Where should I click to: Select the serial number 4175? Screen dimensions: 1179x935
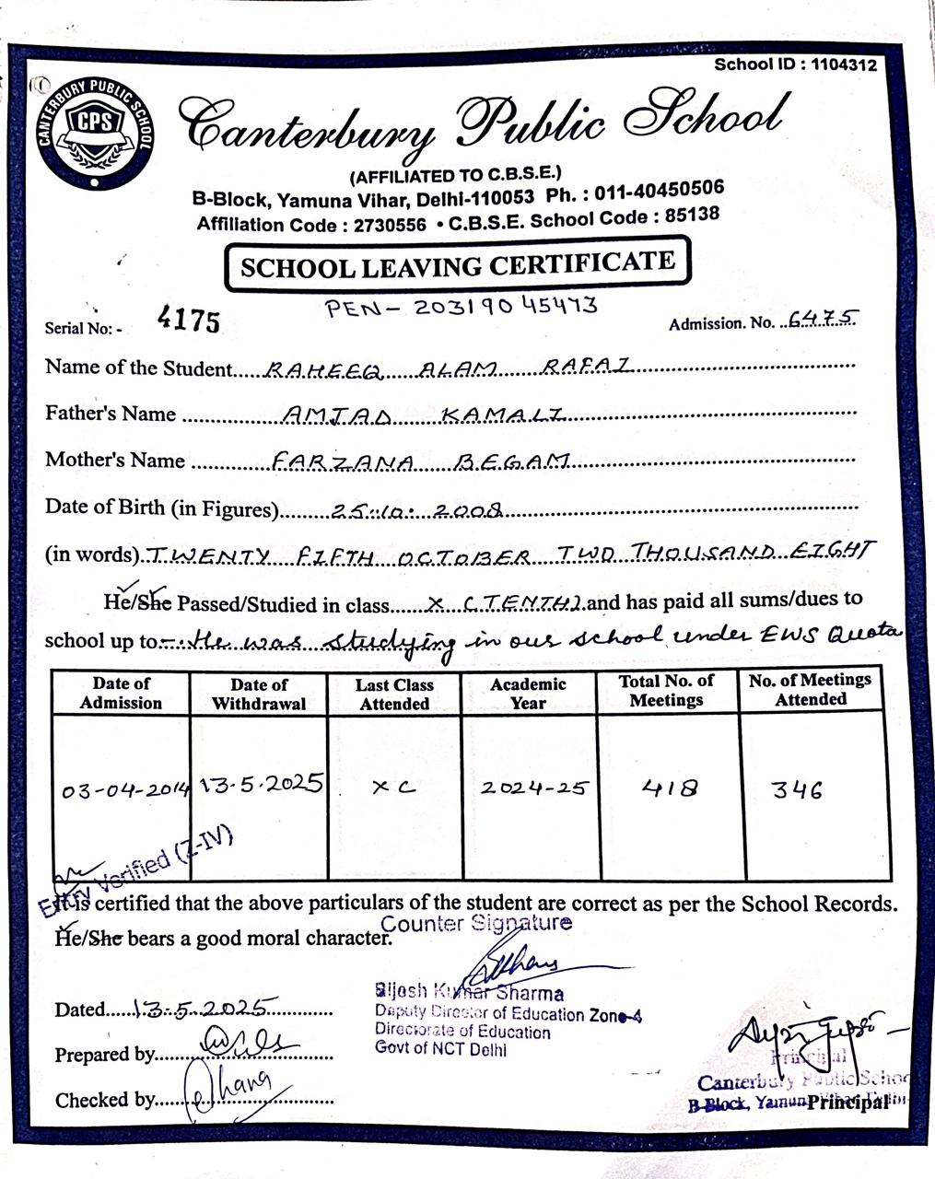coord(189,321)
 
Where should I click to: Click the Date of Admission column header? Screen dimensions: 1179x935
coord(121,694)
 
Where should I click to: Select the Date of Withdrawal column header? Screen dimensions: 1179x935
coord(259,694)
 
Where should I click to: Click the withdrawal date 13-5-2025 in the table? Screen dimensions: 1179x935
coord(261,784)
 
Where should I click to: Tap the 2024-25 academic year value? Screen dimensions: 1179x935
coord(534,788)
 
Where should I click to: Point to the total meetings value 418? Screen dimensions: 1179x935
coord(670,788)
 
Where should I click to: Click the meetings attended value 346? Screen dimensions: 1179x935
coord(797,789)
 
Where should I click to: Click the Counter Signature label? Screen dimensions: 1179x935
coord(475,923)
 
